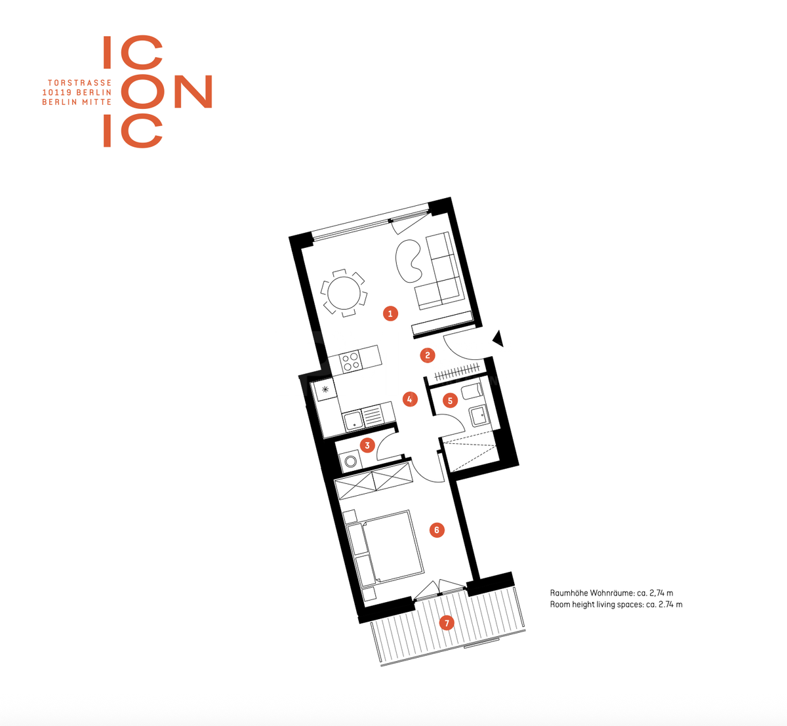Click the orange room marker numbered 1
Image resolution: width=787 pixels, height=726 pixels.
390,314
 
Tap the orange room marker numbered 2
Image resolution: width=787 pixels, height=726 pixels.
428,355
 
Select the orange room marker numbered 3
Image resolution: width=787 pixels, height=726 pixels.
367,445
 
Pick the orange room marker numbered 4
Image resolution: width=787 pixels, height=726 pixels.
410,399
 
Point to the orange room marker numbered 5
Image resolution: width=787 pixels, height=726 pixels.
450,401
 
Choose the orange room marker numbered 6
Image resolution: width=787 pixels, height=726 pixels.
437,530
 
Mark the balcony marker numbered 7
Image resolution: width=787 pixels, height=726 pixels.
447,623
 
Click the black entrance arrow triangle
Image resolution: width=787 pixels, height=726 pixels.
498,339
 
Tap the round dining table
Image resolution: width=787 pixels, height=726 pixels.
344,293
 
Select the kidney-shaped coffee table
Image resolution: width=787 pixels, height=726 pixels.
409,261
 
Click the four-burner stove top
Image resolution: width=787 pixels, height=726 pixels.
351,361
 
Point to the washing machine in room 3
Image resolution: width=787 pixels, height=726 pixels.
350,461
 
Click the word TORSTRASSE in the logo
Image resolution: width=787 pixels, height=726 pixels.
79,83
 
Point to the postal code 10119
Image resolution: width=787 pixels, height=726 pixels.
57,92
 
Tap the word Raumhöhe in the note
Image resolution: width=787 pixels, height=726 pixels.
569,594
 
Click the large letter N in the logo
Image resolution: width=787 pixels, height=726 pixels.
193,92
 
